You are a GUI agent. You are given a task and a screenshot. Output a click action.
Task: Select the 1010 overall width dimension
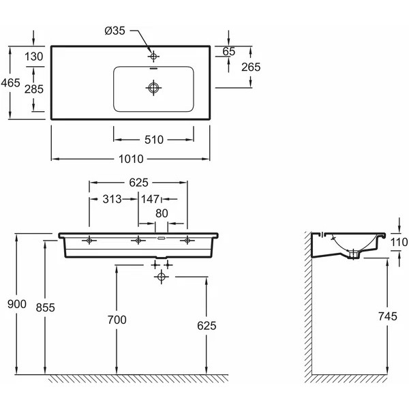point(132,159)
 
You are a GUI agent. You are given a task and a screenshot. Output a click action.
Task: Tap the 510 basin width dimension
point(154,139)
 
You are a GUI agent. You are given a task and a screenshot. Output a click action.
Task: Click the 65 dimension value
point(229,51)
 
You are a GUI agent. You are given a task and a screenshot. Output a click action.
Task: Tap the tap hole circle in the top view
point(154,55)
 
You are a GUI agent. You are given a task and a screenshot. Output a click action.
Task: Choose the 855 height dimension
point(46,307)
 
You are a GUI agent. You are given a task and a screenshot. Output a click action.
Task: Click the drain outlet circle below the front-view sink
point(161,276)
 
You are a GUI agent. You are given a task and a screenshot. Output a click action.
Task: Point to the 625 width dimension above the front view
point(138,183)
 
